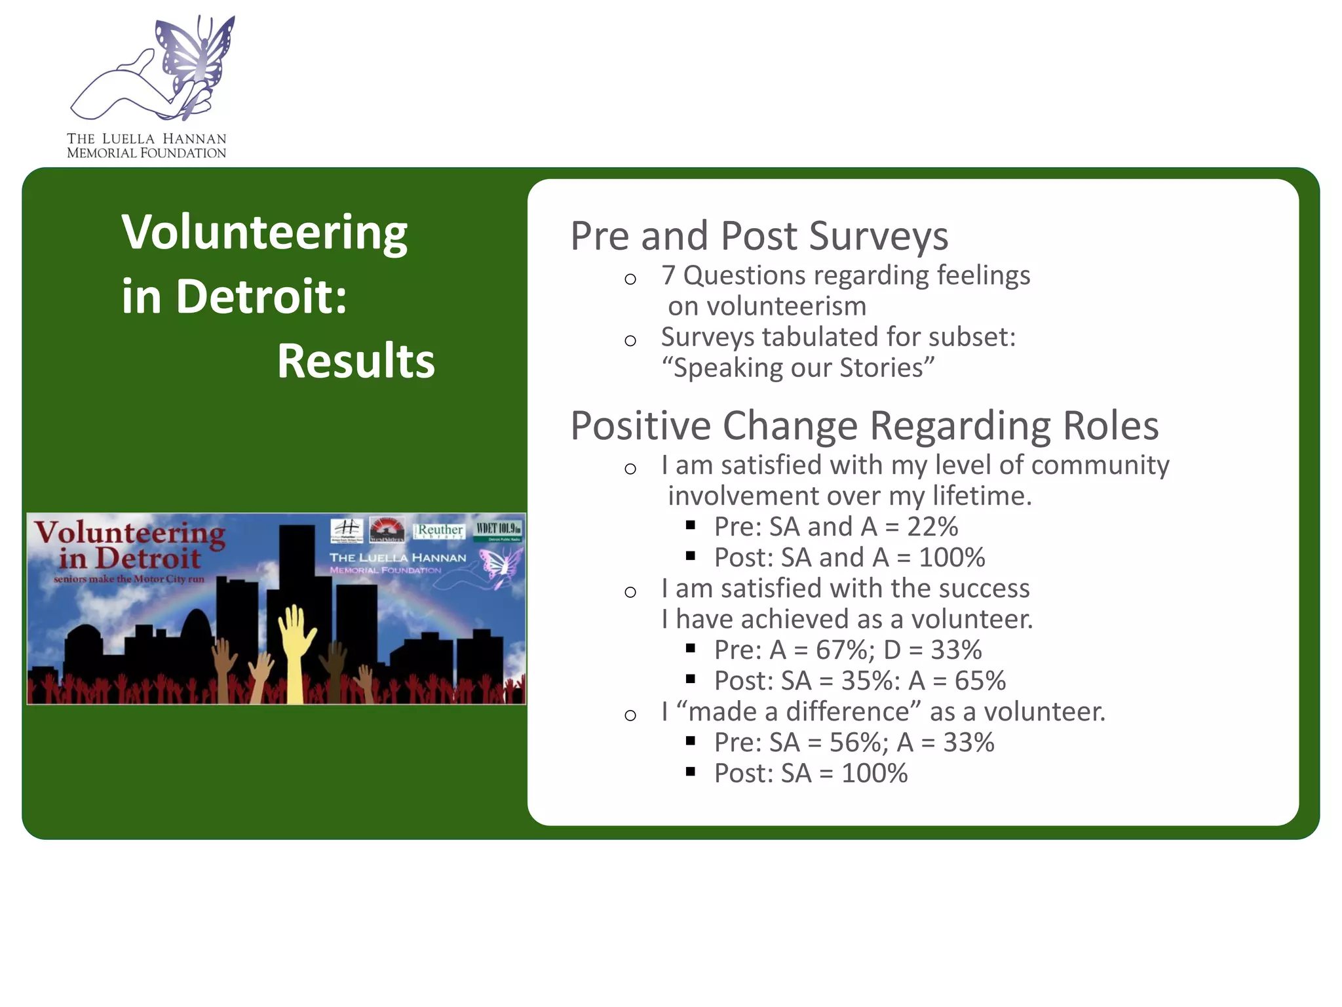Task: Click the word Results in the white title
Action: pyautogui.click(x=356, y=361)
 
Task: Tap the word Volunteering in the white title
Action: pyautogui.click(x=265, y=233)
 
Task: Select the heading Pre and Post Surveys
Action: pyautogui.click(x=759, y=236)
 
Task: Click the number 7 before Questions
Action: pyautogui.click(x=668, y=275)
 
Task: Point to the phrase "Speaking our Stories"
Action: pyautogui.click(x=797, y=368)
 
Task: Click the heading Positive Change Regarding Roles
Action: pyautogui.click(x=864, y=426)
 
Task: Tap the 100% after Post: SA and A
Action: pyautogui.click(x=951, y=558)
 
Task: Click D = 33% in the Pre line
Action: pyautogui.click(x=932, y=650)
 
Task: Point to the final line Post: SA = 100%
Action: pyautogui.click(x=811, y=774)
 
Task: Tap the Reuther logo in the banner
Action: pyautogui.click(x=440, y=530)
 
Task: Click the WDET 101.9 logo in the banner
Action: pyautogui.click(x=499, y=529)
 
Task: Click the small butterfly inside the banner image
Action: pyautogui.click(x=501, y=566)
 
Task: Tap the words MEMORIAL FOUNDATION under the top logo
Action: pyautogui.click(x=146, y=153)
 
